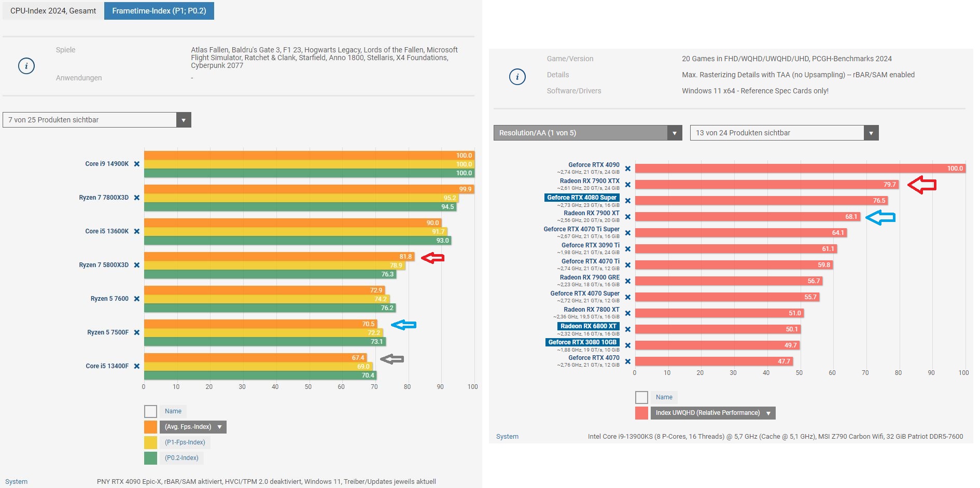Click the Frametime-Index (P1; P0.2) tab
[159, 11]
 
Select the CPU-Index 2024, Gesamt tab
[53, 11]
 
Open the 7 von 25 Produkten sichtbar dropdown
[97, 120]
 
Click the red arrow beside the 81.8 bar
[432, 258]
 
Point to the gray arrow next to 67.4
[392, 359]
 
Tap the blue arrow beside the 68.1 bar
[880, 218]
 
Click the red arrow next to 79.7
[922, 185]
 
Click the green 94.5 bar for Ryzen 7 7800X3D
[300, 207]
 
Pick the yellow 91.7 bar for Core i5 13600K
[295, 232]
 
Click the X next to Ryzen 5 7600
[137, 299]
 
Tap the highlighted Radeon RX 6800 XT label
[588, 326]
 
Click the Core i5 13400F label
[107, 366]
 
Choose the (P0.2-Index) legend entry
[181, 458]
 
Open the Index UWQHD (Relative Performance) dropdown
[713, 413]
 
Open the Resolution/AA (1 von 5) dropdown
[587, 133]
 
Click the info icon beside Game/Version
[517, 77]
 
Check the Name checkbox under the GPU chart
[641, 397]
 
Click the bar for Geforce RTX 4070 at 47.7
[713, 361]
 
